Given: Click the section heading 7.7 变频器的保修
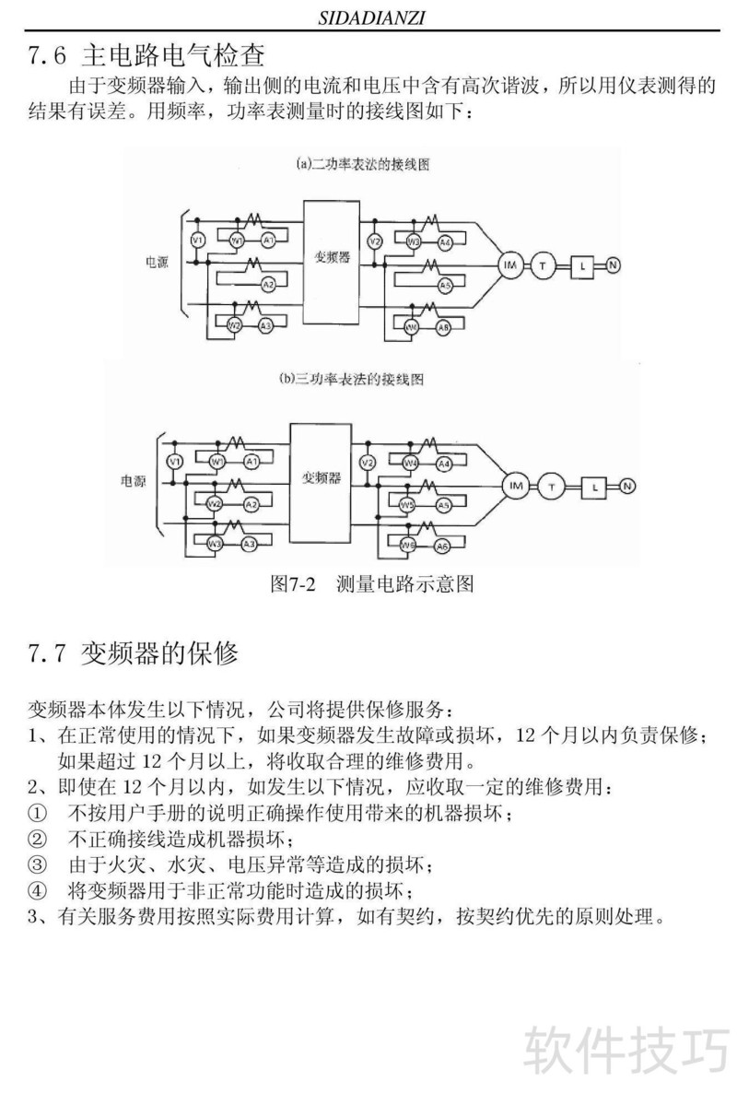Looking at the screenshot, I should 134,654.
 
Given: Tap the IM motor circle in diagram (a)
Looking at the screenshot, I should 509,265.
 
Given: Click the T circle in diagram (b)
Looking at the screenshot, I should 553,486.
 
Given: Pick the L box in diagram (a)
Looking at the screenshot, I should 583,266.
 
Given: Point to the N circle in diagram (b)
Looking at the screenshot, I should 627,486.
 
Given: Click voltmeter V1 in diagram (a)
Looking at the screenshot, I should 195,241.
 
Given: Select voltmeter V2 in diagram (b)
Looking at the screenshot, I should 368,462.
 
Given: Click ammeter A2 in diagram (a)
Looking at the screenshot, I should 268,284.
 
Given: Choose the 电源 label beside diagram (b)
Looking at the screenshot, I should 135,480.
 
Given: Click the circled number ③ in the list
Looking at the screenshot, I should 36,865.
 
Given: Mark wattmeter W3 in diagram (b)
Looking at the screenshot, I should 215,545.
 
